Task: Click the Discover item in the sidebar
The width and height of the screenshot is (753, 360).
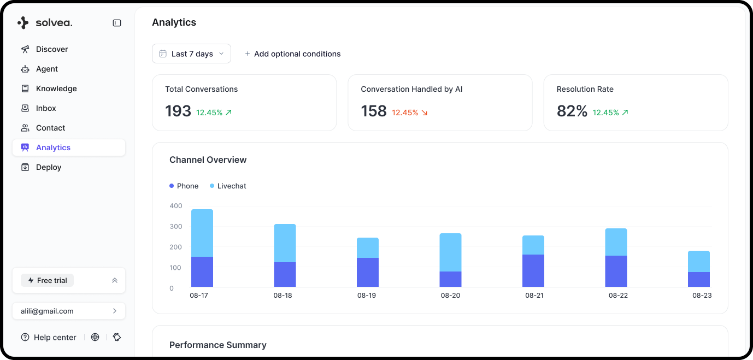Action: [x=52, y=49]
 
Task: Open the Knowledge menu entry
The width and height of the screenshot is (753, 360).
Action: [x=56, y=88]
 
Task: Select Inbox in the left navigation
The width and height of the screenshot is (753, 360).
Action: [x=46, y=108]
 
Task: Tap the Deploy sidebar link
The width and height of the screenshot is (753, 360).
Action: [x=49, y=167]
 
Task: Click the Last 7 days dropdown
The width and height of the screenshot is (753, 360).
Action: [x=191, y=54]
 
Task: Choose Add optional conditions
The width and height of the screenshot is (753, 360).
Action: [x=292, y=54]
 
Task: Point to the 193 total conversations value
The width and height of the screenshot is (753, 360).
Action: [x=178, y=111]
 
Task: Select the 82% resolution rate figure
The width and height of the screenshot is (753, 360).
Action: [x=572, y=111]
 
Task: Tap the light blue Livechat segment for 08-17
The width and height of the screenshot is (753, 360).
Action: [x=202, y=233]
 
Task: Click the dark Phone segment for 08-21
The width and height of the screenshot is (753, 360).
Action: [x=533, y=270]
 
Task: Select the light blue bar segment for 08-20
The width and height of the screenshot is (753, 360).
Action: [x=450, y=252]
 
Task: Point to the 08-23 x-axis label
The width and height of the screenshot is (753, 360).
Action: [x=702, y=296]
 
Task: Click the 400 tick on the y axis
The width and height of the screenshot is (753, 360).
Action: [x=176, y=206]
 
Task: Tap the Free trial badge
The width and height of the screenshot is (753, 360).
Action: [x=47, y=280]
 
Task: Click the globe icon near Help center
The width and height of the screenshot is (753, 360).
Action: [x=95, y=337]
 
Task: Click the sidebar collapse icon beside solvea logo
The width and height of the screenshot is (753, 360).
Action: [x=117, y=23]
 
